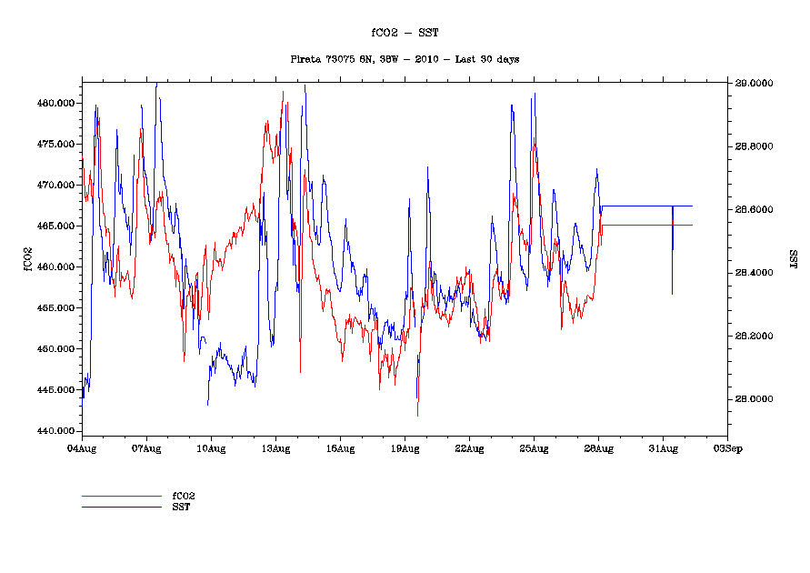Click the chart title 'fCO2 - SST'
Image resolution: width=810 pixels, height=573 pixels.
pos(405,33)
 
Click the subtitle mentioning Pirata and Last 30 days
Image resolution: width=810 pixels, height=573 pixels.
pos(405,59)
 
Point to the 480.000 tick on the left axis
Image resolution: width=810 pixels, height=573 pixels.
pos(57,103)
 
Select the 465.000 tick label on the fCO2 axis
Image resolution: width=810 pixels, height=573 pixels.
pos(57,226)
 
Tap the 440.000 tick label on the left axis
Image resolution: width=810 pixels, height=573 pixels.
pos(57,430)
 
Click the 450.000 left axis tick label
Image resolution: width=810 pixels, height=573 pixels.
pos(57,348)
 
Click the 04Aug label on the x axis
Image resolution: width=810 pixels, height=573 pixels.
pos(82,448)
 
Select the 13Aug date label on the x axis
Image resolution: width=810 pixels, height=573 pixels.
pos(275,448)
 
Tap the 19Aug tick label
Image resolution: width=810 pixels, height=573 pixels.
pos(405,448)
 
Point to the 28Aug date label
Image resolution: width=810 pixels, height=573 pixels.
pos(598,448)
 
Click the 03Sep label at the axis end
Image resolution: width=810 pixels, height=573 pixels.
pos(727,448)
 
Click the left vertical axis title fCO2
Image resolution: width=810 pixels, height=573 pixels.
pos(28,258)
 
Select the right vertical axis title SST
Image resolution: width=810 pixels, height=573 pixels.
pos(793,258)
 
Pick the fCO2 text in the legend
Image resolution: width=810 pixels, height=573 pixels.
pos(185,496)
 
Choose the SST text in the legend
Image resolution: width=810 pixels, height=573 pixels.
pos(182,506)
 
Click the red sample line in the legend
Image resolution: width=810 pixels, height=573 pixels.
pos(121,497)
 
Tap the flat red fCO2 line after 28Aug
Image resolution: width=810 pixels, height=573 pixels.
pos(645,225)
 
